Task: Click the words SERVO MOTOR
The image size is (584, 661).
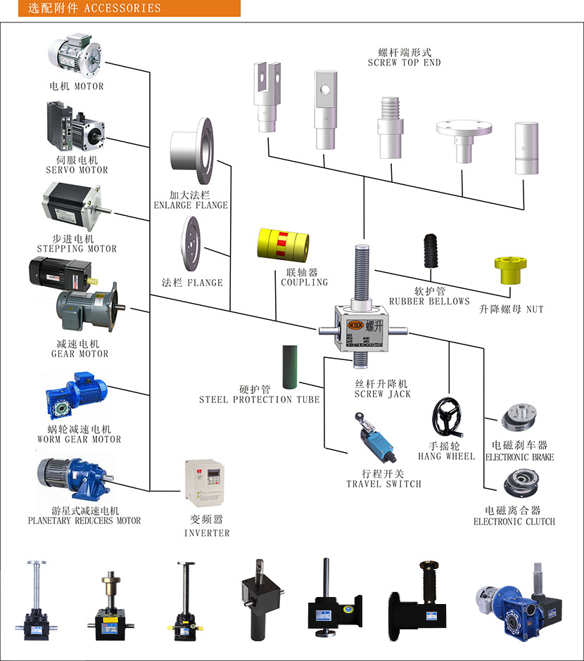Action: tap(77, 169)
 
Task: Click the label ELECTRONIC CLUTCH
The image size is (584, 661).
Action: tap(514, 521)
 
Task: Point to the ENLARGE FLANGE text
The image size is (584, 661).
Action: tap(191, 205)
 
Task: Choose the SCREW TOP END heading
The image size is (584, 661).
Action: tap(404, 63)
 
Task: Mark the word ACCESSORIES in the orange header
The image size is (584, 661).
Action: tap(122, 8)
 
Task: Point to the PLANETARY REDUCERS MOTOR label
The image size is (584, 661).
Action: tap(84, 520)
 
